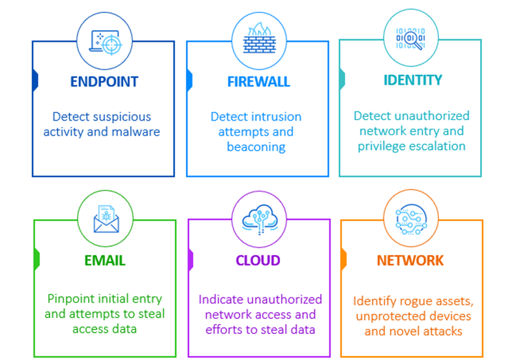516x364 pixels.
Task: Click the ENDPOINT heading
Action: click(104, 82)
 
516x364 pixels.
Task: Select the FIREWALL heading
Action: click(258, 82)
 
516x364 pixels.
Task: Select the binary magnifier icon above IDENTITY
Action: click(411, 38)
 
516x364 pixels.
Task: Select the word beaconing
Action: click(256, 147)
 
